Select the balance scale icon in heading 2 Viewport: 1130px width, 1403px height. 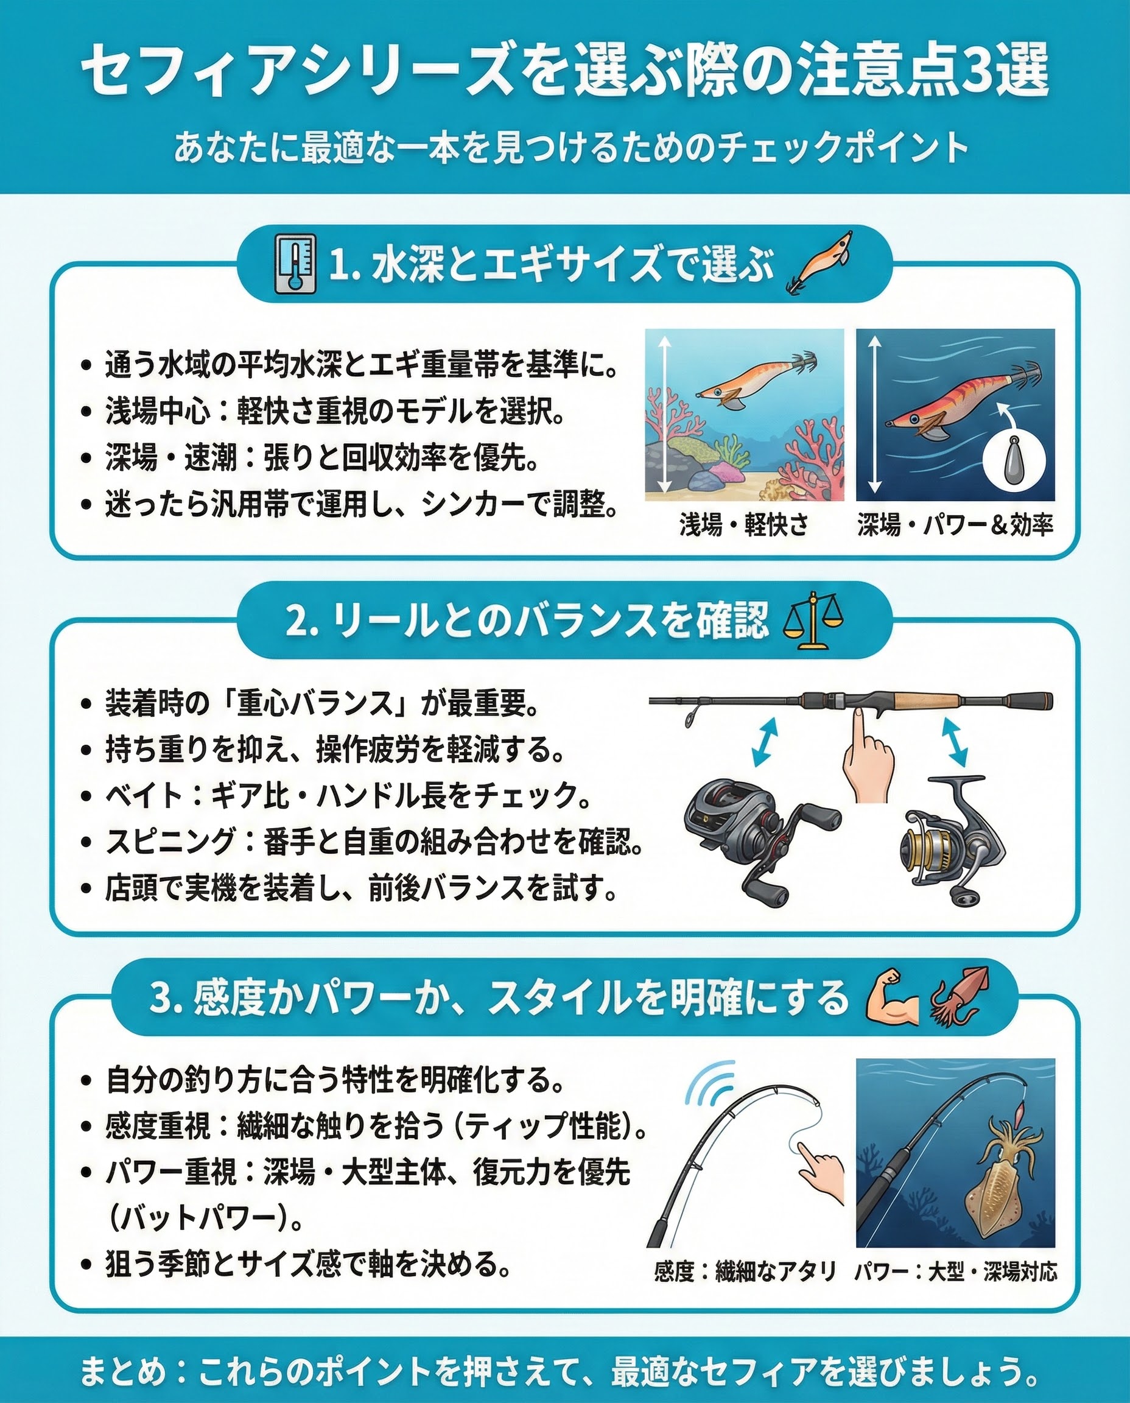click(813, 621)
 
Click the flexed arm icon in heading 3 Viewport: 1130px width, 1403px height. click(893, 997)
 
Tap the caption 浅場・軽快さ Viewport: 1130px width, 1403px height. click(744, 525)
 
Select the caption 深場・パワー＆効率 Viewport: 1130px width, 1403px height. click(955, 525)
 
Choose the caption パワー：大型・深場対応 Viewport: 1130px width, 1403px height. click(955, 1271)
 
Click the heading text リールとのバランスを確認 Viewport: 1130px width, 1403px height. click(550, 621)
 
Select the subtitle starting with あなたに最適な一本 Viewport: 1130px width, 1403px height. click(571, 148)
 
